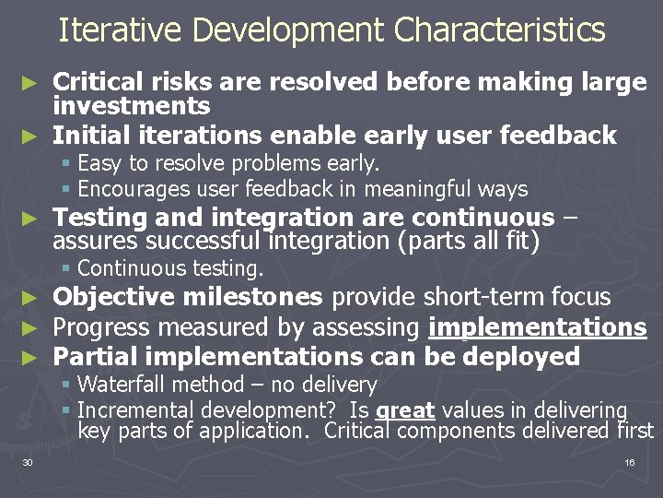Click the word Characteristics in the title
click(x=499, y=30)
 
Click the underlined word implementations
click(x=538, y=327)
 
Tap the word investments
click(x=132, y=107)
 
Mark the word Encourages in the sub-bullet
click(x=134, y=190)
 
